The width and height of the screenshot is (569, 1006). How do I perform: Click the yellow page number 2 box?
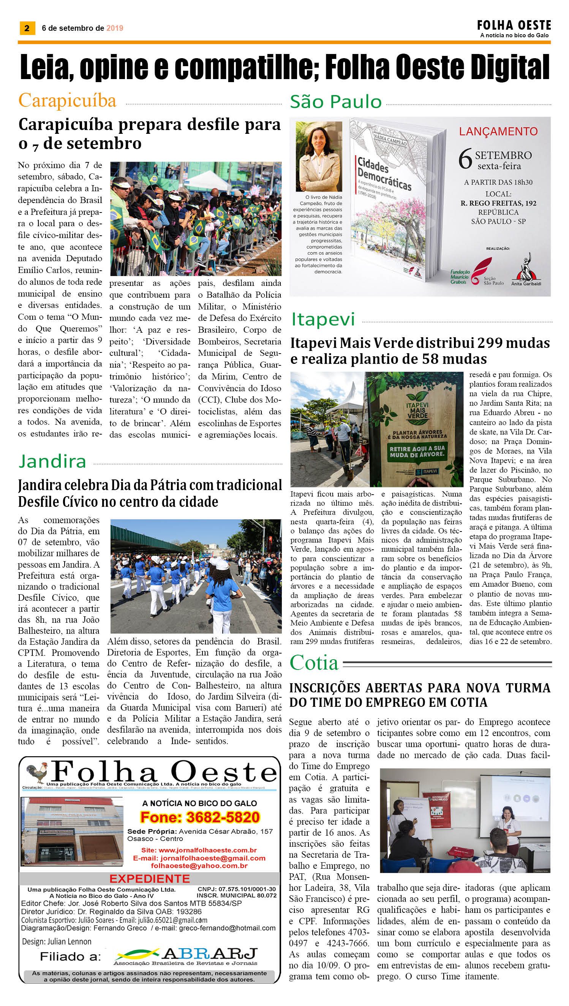tap(27, 28)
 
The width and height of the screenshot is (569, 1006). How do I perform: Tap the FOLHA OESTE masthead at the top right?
tap(514, 26)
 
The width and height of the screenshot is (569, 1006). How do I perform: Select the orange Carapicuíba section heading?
tap(67, 100)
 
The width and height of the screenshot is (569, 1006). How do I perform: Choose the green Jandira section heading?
tap(52, 462)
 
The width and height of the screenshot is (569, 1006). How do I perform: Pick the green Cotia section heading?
tap(314, 663)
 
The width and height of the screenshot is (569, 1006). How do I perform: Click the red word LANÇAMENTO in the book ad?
tap(498, 132)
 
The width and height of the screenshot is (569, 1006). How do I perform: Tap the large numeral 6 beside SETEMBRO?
tap(465, 159)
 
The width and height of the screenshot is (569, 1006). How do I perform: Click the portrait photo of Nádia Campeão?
tap(319, 157)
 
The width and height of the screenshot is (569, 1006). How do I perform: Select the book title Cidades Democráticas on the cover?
tap(384, 174)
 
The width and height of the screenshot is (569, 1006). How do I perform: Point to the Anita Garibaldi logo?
tap(526, 270)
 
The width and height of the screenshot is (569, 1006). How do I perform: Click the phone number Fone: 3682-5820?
tap(200, 817)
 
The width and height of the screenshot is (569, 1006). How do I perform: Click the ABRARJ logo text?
tap(209, 953)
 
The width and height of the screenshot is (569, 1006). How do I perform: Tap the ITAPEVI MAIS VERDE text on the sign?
tap(417, 410)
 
